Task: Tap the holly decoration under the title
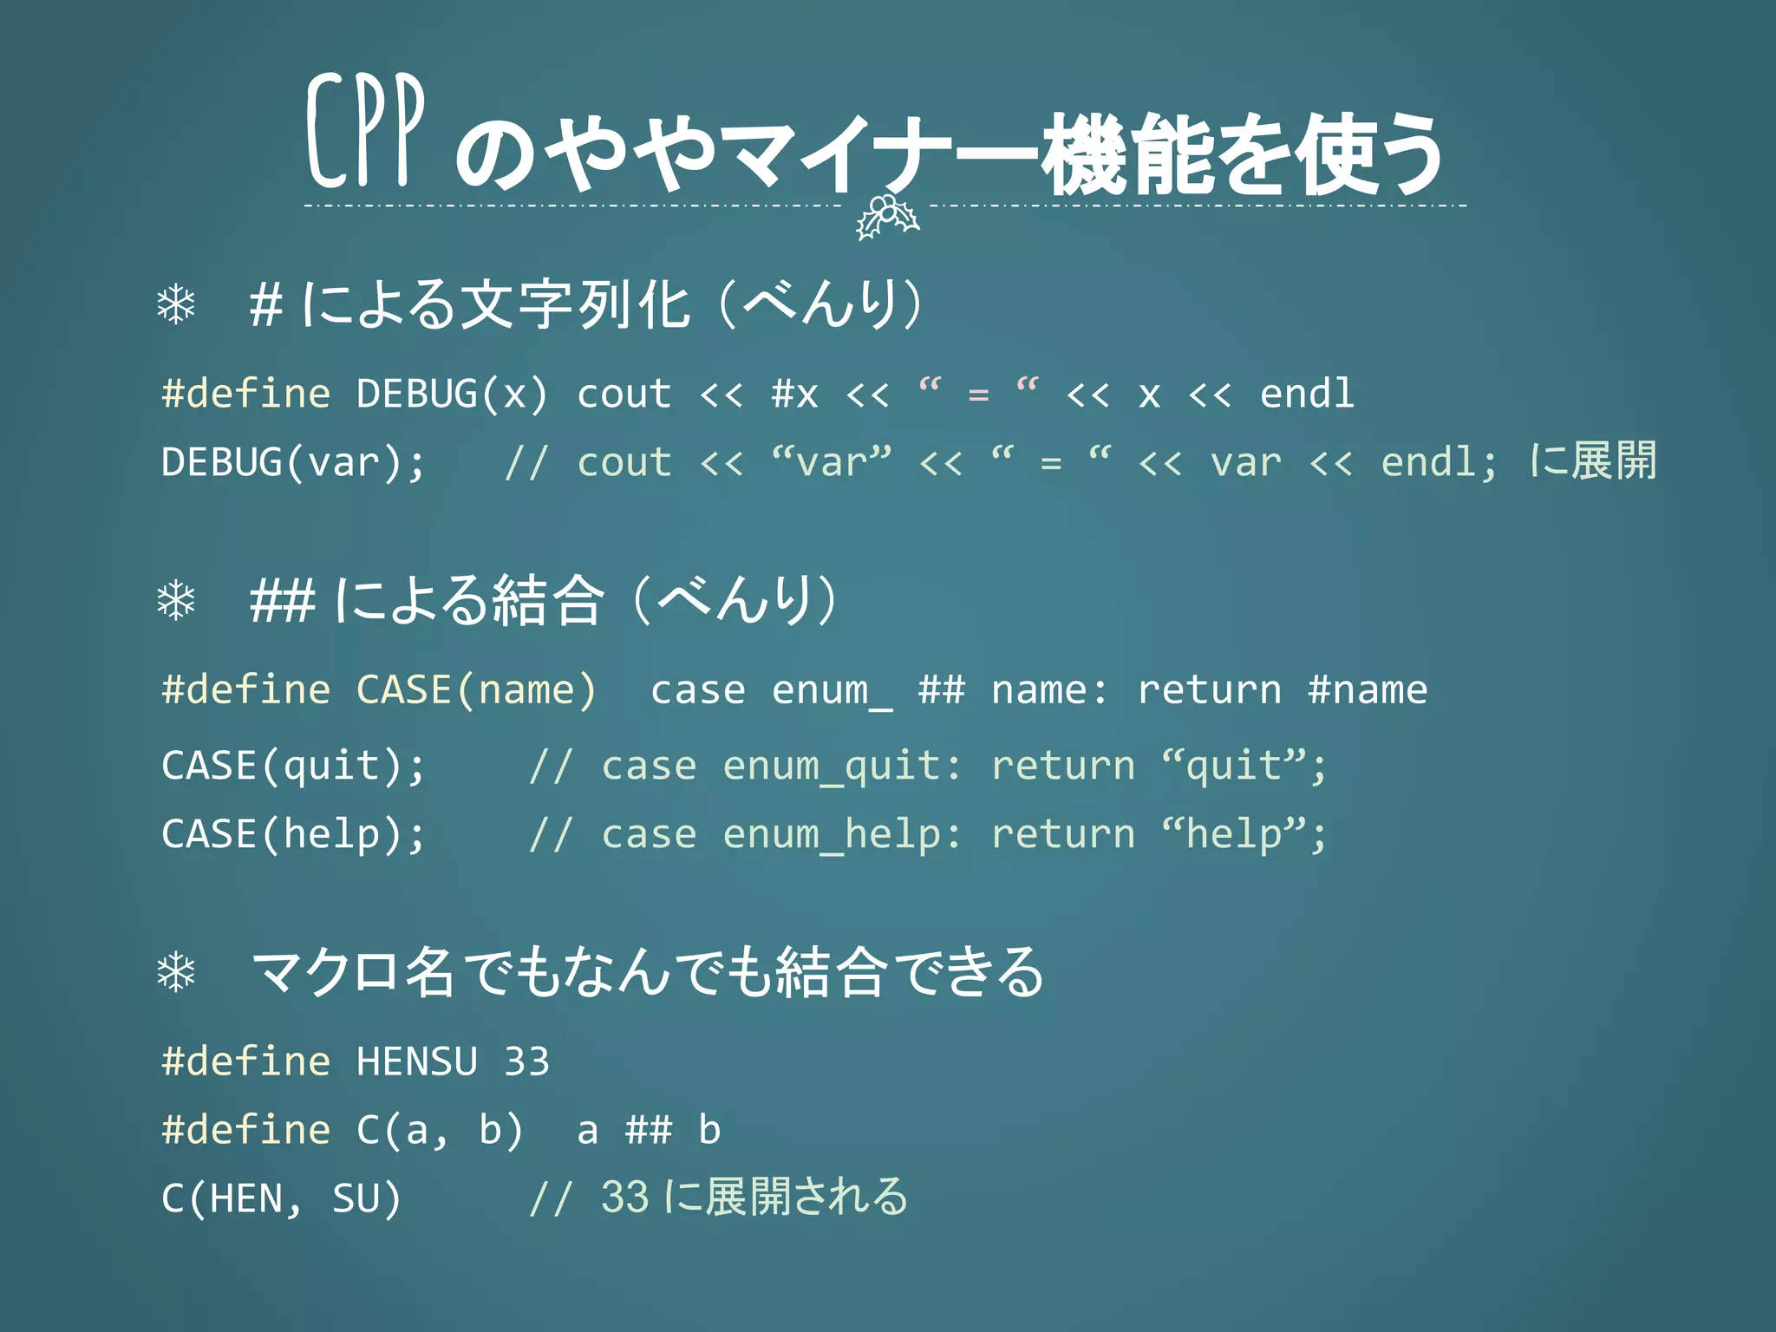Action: click(x=886, y=217)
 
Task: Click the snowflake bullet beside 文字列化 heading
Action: click(x=176, y=304)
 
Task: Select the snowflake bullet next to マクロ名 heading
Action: click(x=176, y=972)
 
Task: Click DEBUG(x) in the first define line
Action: click(x=452, y=395)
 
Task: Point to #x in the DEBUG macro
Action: click(x=794, y=395)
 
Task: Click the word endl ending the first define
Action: click(x=1306, y=395)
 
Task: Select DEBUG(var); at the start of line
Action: click(x=293, y=462)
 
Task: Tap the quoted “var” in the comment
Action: click(x=831, y=462)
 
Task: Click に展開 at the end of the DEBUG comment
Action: click(x=1592, y=460)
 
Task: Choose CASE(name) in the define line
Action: click(x=476, y=690)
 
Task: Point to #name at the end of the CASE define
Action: click(x=1368, y=690)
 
